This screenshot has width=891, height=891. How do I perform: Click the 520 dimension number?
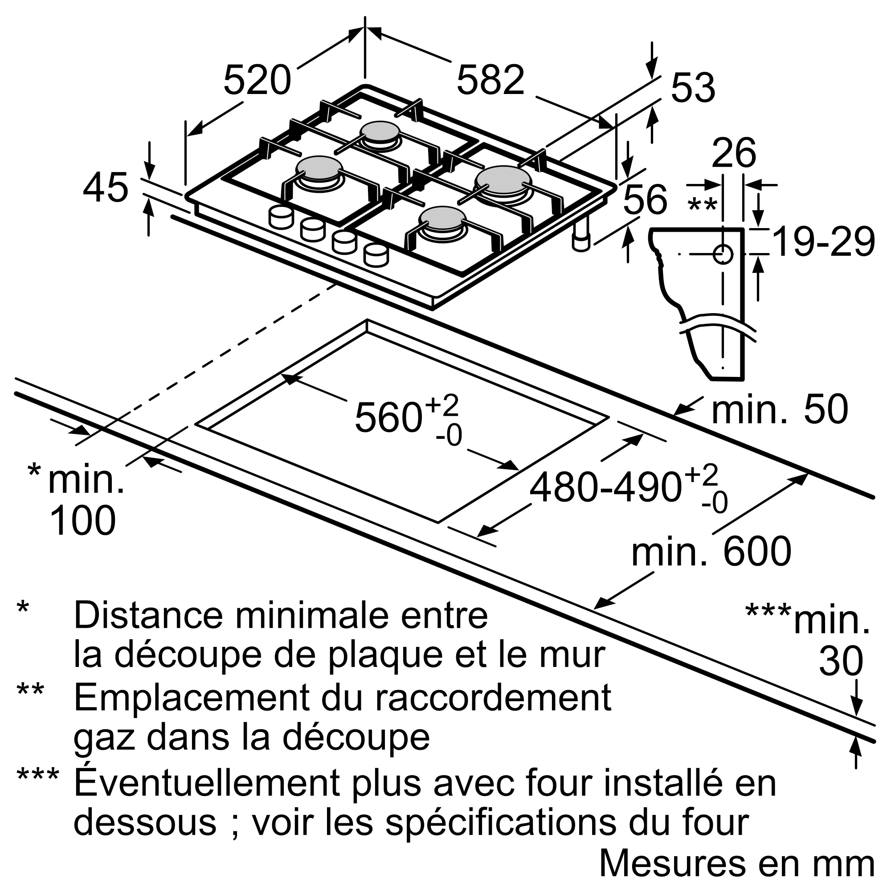tap(257, 80)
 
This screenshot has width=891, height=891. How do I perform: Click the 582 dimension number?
tap(490, 80)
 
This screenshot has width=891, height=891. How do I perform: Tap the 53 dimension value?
tap(693, 88)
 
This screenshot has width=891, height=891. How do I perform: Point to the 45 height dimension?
tap(106, 188)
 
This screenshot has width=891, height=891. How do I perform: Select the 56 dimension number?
tap(645, 199)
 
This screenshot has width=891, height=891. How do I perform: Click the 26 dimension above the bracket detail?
tap(734, 153)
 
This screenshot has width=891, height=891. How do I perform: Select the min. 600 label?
tap(711, 552)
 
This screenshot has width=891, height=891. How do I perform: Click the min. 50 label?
tap(779, 409)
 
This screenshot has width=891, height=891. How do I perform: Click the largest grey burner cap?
tap(503, 180)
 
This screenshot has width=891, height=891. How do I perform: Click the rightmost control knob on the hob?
tap(376, 255)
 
